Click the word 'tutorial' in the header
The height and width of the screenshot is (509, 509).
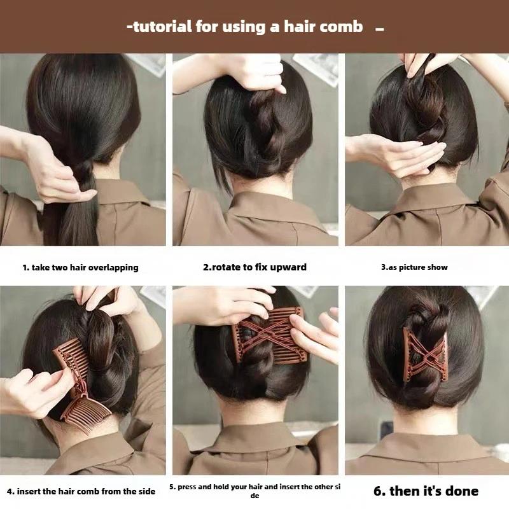[x=162, y=26]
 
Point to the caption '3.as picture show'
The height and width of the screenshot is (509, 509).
[x=414, y=267]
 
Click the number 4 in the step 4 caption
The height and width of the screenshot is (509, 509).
[x=10, y=491]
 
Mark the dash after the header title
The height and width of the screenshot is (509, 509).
[x=379, y=29]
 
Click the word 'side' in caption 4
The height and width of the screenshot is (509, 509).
[x=146, y=491]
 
